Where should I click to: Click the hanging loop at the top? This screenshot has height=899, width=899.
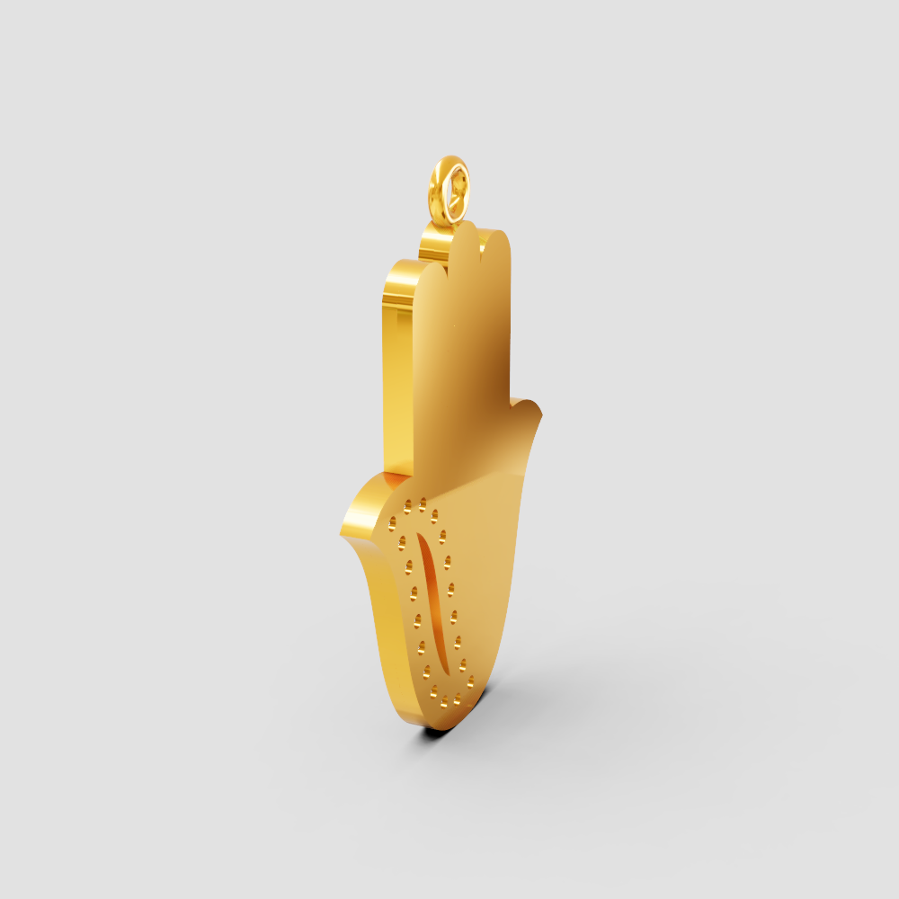[449, 190]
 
